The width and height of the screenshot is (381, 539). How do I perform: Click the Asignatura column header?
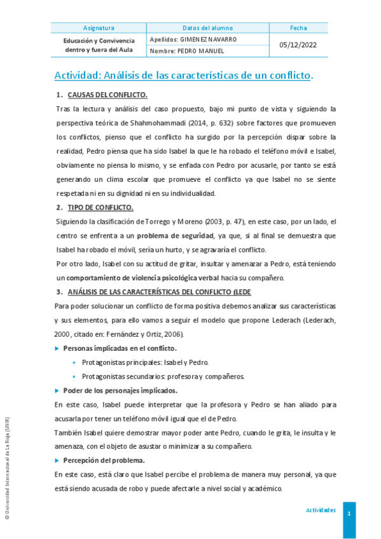coord(99,28)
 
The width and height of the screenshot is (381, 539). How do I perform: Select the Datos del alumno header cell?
coord(208,28)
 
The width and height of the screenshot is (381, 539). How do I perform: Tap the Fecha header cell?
coord(298,28)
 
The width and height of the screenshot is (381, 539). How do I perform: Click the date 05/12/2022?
coord(298,45)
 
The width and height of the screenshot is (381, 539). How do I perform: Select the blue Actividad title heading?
coord(184,76)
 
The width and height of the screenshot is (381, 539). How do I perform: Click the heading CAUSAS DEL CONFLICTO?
coord(107,95)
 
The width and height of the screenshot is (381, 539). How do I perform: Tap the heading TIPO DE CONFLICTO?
coord(100,207)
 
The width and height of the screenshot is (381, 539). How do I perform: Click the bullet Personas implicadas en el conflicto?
coord(120,348)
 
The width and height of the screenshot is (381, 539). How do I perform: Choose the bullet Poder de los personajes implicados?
coord(120,390)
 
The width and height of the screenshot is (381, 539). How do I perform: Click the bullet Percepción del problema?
coord(104,460)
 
